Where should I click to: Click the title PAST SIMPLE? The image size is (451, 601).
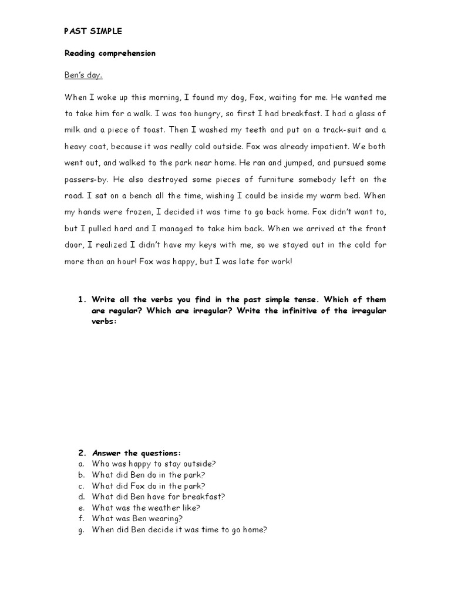(x=93, y=31)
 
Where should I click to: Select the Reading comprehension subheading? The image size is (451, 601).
(x=109, y=53)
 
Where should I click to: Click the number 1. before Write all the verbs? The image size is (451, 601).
(x=82, y=299)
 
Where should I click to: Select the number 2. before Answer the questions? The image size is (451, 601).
(x=82, y=453)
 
